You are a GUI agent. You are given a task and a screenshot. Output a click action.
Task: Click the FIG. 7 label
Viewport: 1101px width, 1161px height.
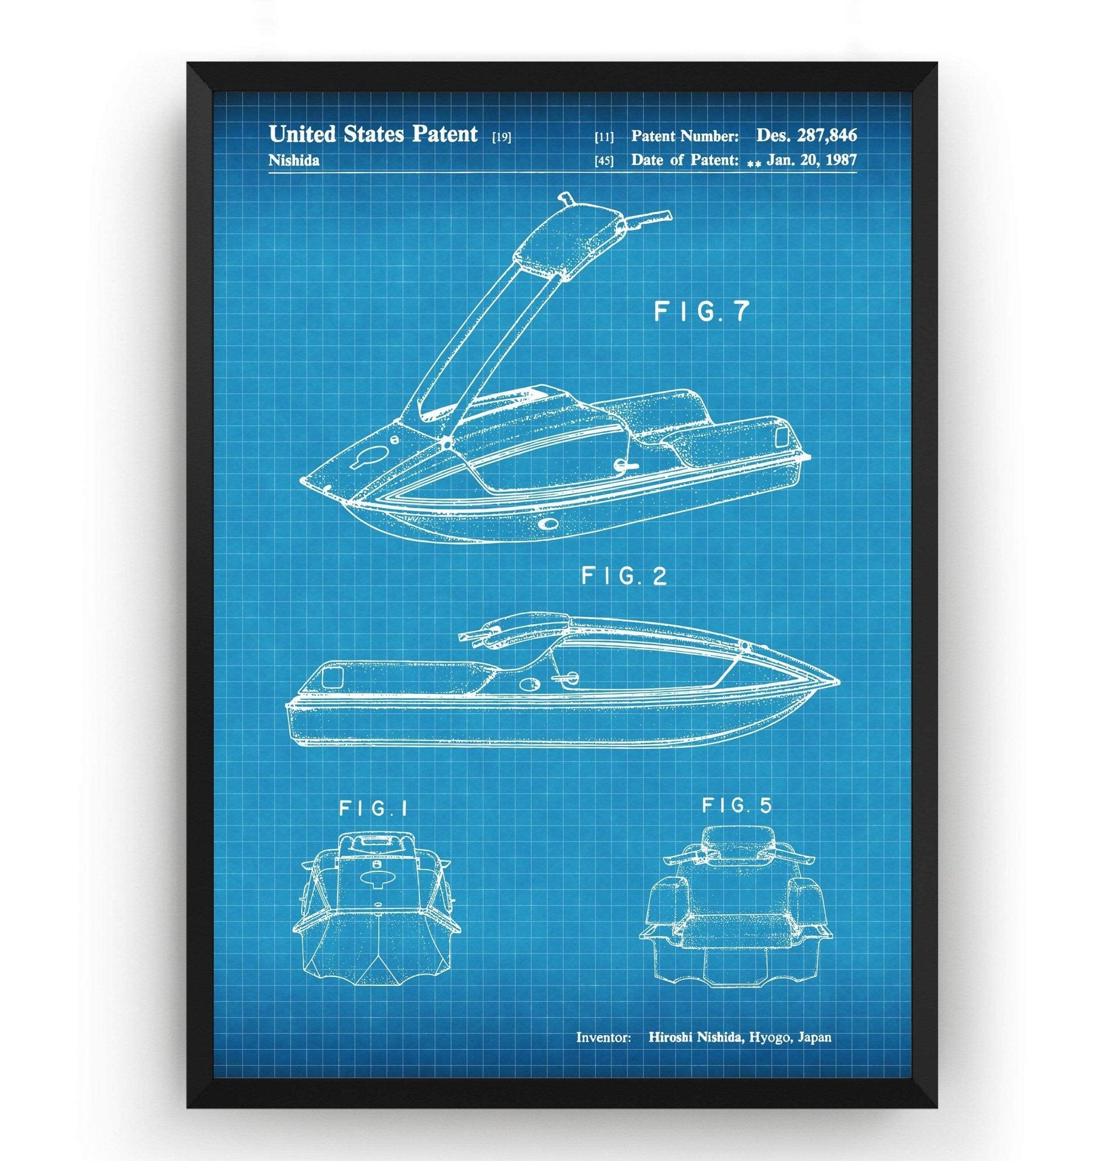point(702,312)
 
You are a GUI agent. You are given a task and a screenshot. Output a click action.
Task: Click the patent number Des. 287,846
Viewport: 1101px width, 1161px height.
point(806,135)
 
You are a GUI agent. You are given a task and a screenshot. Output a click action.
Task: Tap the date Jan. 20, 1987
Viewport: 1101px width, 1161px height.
point(811,159)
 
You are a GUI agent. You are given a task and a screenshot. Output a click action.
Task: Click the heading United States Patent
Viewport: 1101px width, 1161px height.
point(373,134)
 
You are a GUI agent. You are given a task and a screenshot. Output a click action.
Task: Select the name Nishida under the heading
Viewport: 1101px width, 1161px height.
point(293,161)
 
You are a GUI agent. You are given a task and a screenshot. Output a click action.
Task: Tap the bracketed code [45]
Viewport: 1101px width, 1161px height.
point(604,161)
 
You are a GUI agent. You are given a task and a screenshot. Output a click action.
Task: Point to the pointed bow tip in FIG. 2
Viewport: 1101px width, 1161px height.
point(836,682)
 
